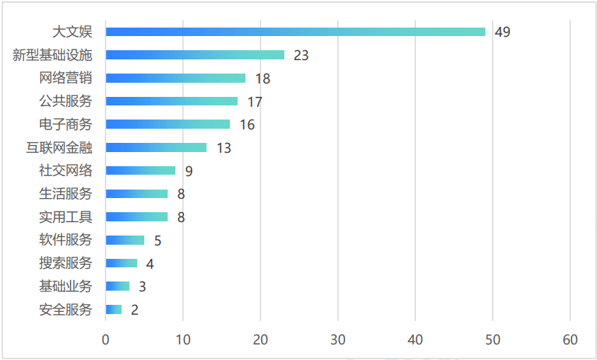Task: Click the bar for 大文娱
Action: point(296,32)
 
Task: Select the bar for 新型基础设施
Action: point(195,55)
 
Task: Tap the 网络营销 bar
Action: point(175,79)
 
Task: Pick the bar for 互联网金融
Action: point(156,148)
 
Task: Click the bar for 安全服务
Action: point(114,310)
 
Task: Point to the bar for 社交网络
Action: point(141,170)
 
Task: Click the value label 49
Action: point(503,33)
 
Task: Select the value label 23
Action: point(301,55)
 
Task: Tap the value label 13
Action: point(224,148)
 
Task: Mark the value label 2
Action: point(134,310)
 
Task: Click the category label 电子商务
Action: point(66,124)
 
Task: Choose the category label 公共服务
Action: point(66,101)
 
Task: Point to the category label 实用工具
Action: point(66,217)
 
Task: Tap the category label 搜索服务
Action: point(66,263)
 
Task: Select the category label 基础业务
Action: point(66,286)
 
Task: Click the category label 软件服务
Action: point(66,240)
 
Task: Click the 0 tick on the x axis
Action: point(106,340)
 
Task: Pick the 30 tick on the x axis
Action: point(338,340)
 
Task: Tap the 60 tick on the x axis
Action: point(570,340)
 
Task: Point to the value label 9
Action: point(189,171)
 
